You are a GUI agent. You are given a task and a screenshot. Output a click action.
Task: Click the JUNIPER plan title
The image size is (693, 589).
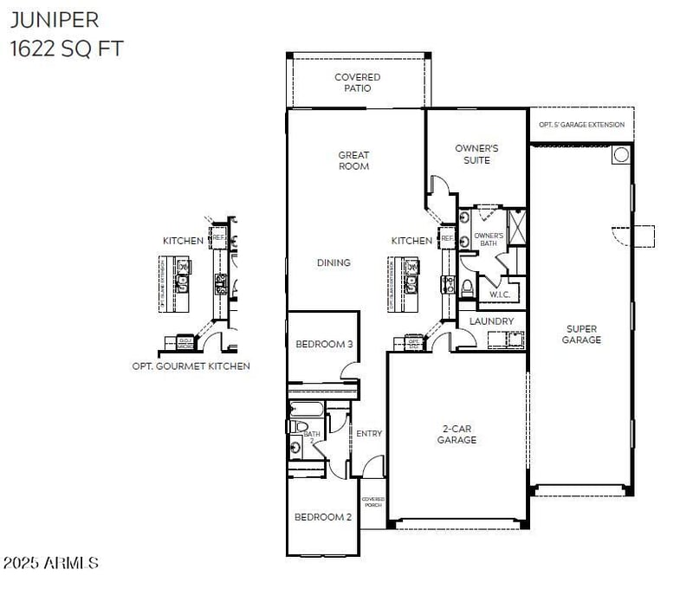[x=54, y=19]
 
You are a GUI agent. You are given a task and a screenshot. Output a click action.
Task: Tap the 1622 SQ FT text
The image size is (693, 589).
[x=67, y=49]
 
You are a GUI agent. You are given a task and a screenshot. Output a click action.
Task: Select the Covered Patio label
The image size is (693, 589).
[x=358, y=82]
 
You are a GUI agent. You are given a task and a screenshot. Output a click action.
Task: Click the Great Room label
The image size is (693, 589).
[x=353, y=160]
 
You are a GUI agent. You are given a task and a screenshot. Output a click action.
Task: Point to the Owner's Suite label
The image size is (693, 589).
[x=476, y=154]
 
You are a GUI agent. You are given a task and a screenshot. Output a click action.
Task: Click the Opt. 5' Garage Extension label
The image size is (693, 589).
[x=581, y=125]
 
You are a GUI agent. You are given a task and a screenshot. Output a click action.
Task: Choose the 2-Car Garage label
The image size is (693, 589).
[x=457, y=434]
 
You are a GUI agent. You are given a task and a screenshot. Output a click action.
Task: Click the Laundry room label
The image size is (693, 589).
[x=491, y=321]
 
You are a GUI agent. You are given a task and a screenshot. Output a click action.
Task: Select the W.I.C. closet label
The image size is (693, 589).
[x=499, y=294]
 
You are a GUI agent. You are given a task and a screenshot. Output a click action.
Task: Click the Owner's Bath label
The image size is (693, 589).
[x=489, y=239]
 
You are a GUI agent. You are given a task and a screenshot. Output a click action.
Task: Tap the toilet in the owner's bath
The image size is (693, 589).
[x=467, y=286]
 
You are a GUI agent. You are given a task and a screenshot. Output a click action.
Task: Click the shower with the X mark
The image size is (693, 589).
[x=515, y=227]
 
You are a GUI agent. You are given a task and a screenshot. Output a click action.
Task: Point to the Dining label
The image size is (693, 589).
[x=334, y=262]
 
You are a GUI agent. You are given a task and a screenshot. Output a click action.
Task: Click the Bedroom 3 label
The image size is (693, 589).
[x=324, y=344]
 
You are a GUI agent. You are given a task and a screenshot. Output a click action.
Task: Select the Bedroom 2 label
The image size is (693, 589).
[x=322, y=517]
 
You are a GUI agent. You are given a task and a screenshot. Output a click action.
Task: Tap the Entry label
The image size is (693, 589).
[x=369, y=433]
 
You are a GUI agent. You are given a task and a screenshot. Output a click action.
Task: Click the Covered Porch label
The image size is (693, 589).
[x=373, y=502]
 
